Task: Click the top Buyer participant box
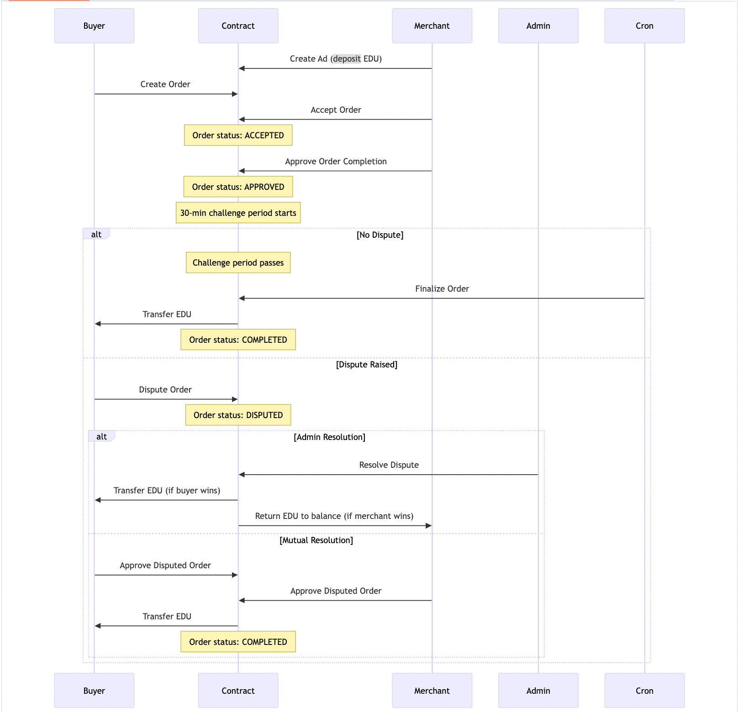(94, 26)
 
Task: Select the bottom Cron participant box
(644, 691)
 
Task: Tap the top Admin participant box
(538, 26)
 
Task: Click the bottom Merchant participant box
(432, 691)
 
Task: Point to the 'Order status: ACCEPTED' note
(238, 136)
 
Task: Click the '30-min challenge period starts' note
(238, 213)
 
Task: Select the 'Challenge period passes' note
(238, 262)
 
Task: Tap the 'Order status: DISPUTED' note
(238, 415)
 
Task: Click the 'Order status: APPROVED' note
(238, 187)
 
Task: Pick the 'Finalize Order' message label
(442, 289)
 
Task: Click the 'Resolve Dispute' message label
(389, 465)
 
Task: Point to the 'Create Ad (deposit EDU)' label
(336, 59)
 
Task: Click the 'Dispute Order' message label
(165, 390)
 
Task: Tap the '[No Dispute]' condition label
(380, 235)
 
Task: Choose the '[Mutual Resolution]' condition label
(316, 540)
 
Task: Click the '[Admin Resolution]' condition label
(329, 437)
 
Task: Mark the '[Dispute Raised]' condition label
(367, 365)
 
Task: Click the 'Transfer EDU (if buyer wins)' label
(167, 491)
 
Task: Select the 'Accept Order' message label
(336, 110)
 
